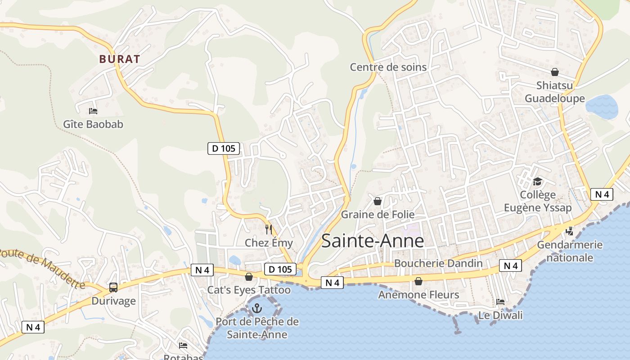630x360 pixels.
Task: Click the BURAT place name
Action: [x=120, y=59]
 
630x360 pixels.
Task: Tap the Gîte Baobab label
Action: [x=93, y=124]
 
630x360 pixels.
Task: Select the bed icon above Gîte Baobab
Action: [x=93, y=111]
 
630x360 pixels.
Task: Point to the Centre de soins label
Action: [x=388, y=67]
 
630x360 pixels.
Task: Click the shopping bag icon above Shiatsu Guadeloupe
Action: [x=555, y=72]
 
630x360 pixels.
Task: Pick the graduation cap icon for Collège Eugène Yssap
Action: [x=537, y=181]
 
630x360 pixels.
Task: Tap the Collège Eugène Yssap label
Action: [x=538, y=201]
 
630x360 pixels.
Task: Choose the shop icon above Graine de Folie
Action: [x=378, y=201]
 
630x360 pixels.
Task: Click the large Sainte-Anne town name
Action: [x=373, y=241]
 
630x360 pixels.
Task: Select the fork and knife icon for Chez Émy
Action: [x=269, y=229]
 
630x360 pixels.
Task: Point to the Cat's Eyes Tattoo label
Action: [x=249, y=290]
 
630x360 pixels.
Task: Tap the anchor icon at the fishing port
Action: [x=257, y=308]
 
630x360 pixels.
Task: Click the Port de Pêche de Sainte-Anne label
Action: [x=257, y=328]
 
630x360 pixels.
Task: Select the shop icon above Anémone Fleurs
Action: [x=418, y=281]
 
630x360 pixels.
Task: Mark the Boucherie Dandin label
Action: [x=438, y=263]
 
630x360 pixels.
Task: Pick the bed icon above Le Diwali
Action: [x=500, y=301]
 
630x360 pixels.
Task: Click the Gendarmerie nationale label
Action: [x=570, y=251]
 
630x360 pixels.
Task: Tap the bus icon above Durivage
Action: [x=113, y=287]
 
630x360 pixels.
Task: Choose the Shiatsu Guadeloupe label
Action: [x=555, y=92]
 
